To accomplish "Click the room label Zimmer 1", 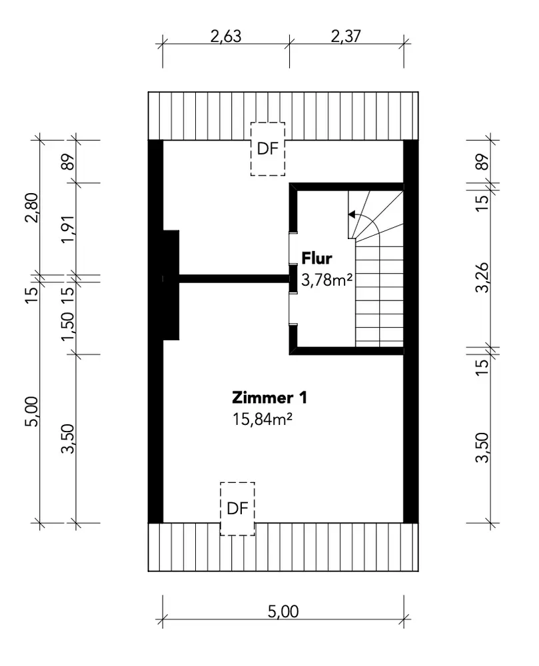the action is click(x=269, y=398).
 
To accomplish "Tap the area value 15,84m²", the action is click(x=262, y=420).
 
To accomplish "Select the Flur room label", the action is click(x=317, y=258).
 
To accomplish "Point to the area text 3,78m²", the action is click(x=326, y=280).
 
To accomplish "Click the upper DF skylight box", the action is click(x=268, y=149).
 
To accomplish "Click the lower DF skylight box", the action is click(x=237, y=508).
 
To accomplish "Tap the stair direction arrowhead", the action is click(x=351, y=214).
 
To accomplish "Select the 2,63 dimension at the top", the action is click(x=226, y=37).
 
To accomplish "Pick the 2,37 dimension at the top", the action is click(x=346, y=36).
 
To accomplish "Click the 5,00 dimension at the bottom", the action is click(x=283, y=611).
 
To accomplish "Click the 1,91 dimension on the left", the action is click(x=68, y=230).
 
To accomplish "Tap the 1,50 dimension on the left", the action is click(x=68, y=326).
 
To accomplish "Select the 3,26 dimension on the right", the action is click(x=482, y=278).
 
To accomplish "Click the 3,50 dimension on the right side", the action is click(x=482, y=448).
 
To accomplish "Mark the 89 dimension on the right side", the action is click(x=482, y=161).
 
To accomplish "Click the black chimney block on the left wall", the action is click(x=171, y=285).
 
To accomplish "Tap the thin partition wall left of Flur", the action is click(x=234, y=278).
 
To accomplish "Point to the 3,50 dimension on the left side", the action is click(x=68, y=439).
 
